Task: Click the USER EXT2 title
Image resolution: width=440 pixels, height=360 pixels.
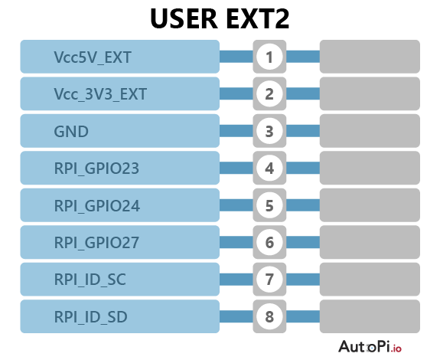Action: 220,18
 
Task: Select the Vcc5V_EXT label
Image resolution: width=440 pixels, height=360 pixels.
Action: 93,57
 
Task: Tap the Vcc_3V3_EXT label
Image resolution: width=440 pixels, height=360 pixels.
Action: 100,94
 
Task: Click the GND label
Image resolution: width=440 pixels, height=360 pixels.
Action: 71,132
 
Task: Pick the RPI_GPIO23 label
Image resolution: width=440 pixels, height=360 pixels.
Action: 96,169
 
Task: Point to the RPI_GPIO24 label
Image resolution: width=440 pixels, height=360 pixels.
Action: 97,206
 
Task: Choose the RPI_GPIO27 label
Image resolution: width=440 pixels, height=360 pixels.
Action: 96,243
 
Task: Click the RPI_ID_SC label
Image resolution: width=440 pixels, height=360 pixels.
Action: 90,280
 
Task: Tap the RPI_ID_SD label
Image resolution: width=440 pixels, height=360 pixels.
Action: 90,317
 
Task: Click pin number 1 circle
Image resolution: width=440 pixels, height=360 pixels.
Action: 269,57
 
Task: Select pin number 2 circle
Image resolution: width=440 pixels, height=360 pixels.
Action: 269,93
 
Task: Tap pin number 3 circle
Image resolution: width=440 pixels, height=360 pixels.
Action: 269,131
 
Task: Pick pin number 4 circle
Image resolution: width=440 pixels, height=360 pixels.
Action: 269,169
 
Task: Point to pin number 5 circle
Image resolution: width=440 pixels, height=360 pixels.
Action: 269,205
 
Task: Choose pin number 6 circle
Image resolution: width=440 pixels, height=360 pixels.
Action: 269,242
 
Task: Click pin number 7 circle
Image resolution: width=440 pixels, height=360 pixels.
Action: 269,280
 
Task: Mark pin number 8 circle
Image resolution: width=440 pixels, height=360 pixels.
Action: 269,316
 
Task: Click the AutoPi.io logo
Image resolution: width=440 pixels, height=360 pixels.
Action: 370,346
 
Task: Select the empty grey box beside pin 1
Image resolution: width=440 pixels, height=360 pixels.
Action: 370,57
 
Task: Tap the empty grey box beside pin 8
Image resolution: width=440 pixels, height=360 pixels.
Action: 370,316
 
